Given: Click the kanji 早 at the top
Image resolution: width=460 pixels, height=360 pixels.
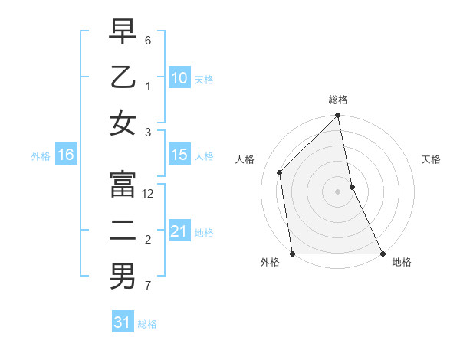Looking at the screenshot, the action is click(x=123, y=32).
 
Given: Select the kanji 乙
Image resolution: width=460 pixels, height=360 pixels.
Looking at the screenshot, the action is click(x=123, y=77).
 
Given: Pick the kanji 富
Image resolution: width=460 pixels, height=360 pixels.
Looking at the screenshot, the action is click(x=123, y=185).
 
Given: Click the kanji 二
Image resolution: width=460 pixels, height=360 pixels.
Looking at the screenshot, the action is click(x=123, y=231).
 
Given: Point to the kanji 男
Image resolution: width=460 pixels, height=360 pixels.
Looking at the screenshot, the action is click(x=123, y=277).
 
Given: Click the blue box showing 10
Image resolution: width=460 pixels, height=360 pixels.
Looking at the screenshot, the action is click(x=179, y=77).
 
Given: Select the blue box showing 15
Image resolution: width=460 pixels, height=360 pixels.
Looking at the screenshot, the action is click(x=179, y=155).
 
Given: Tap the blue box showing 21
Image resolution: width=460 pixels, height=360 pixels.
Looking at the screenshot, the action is click(x=179, y=231).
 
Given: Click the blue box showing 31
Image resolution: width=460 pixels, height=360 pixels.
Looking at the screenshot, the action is click(x=122, y=322).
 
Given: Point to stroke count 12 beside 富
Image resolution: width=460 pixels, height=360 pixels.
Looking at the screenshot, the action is click(x=148, y=195).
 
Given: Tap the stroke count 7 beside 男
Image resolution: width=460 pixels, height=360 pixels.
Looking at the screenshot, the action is click(x=148, y=286).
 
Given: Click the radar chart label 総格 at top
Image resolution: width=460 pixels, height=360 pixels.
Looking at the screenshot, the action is click(x=338, y=100).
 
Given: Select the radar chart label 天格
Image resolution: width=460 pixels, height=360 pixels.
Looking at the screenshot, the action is click(x=432, y=160).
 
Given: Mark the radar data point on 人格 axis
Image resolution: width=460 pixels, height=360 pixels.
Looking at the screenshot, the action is click(x=280, y=172).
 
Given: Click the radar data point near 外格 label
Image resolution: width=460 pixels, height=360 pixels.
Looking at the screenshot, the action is click(x=293, y=254).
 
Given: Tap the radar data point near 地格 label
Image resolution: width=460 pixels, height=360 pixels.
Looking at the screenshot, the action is click(x=383, y=254).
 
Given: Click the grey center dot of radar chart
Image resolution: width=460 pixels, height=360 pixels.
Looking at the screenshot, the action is click(x=337, y=191).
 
